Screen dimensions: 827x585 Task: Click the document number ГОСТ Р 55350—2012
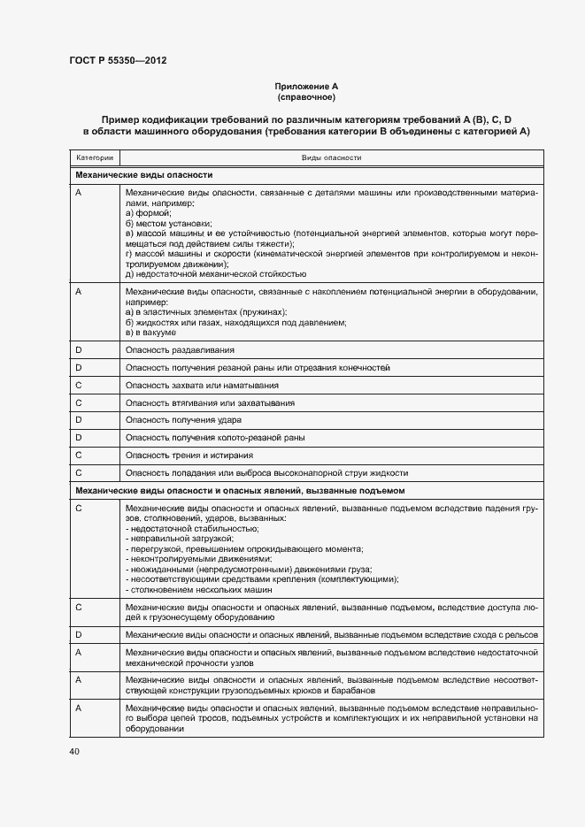[x=118, y=60]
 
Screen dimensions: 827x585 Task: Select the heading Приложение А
[x=306, y=86]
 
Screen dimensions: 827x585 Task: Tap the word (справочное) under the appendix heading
[x=306, y=96]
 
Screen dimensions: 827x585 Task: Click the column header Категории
[x=95, y=157]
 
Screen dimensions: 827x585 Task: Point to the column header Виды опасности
[x=331, y=157]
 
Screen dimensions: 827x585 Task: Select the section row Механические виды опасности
[x=144, y=175]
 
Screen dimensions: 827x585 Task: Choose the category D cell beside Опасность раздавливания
[x=79, y=351]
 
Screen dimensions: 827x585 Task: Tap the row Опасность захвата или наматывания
[x=203, y=385]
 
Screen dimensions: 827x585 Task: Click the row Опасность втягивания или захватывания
[x=210, y=402]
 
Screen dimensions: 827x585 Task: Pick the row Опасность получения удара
[x=183, y=419]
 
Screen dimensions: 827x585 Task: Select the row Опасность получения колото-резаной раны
[x=215, y=437]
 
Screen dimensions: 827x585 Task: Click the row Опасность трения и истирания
[x=189, y=455]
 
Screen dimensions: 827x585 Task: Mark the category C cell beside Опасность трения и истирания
[x=79, y=455]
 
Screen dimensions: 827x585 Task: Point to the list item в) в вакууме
[x=151, y=333]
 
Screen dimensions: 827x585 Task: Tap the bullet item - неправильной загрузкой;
[x=180, y=538]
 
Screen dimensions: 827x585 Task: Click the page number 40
[x=74, y=751]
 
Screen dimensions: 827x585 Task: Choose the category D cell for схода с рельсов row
[x=79, y=635]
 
